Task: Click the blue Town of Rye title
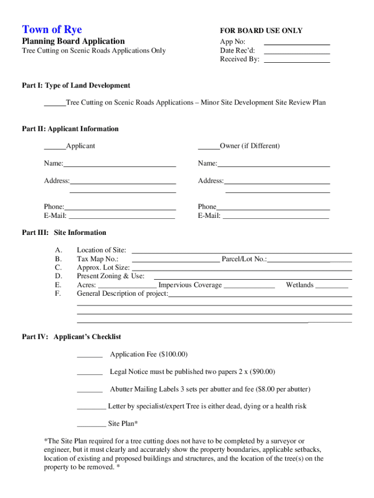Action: [x=52, y=30]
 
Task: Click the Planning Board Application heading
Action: [x=73, y=41]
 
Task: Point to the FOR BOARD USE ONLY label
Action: [x=261, y=31]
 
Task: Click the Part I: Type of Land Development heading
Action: [x=76, y=86]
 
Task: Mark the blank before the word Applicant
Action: [x=54, y=146]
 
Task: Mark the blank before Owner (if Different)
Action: [x=208, y=146]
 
